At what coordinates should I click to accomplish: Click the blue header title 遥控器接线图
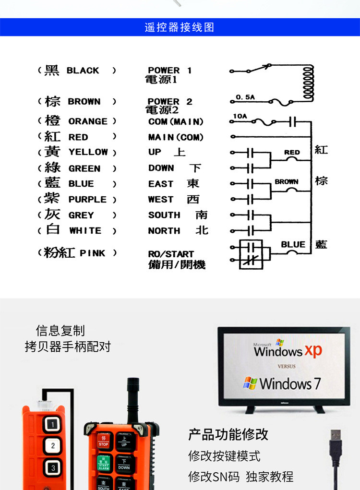[x=179, y=27]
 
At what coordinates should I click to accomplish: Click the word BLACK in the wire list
[x=83, y=71]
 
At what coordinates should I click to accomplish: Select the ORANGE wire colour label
[x=88, y=121]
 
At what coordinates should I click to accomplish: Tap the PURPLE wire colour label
[x=87, y=200]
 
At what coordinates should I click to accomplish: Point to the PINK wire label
[x=92, y=253]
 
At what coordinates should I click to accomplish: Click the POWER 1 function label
[x=169, y=71]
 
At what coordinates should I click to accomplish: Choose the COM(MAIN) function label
[x=176, y=122]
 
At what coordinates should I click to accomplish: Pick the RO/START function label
[x=171, y=254]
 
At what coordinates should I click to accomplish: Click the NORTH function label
[x=164, y=231]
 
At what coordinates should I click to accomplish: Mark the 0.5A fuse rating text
[x=245, y=97]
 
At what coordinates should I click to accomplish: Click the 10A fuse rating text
[x=240, y=116]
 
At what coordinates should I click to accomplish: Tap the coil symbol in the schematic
[x=307, y=82]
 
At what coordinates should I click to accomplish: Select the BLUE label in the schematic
[x=293, y=244]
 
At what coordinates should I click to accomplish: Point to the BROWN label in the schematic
[x=287, y=182]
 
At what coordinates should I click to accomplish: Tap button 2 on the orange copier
[x=53, y=446]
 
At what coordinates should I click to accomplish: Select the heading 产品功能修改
[x=228, y=435]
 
